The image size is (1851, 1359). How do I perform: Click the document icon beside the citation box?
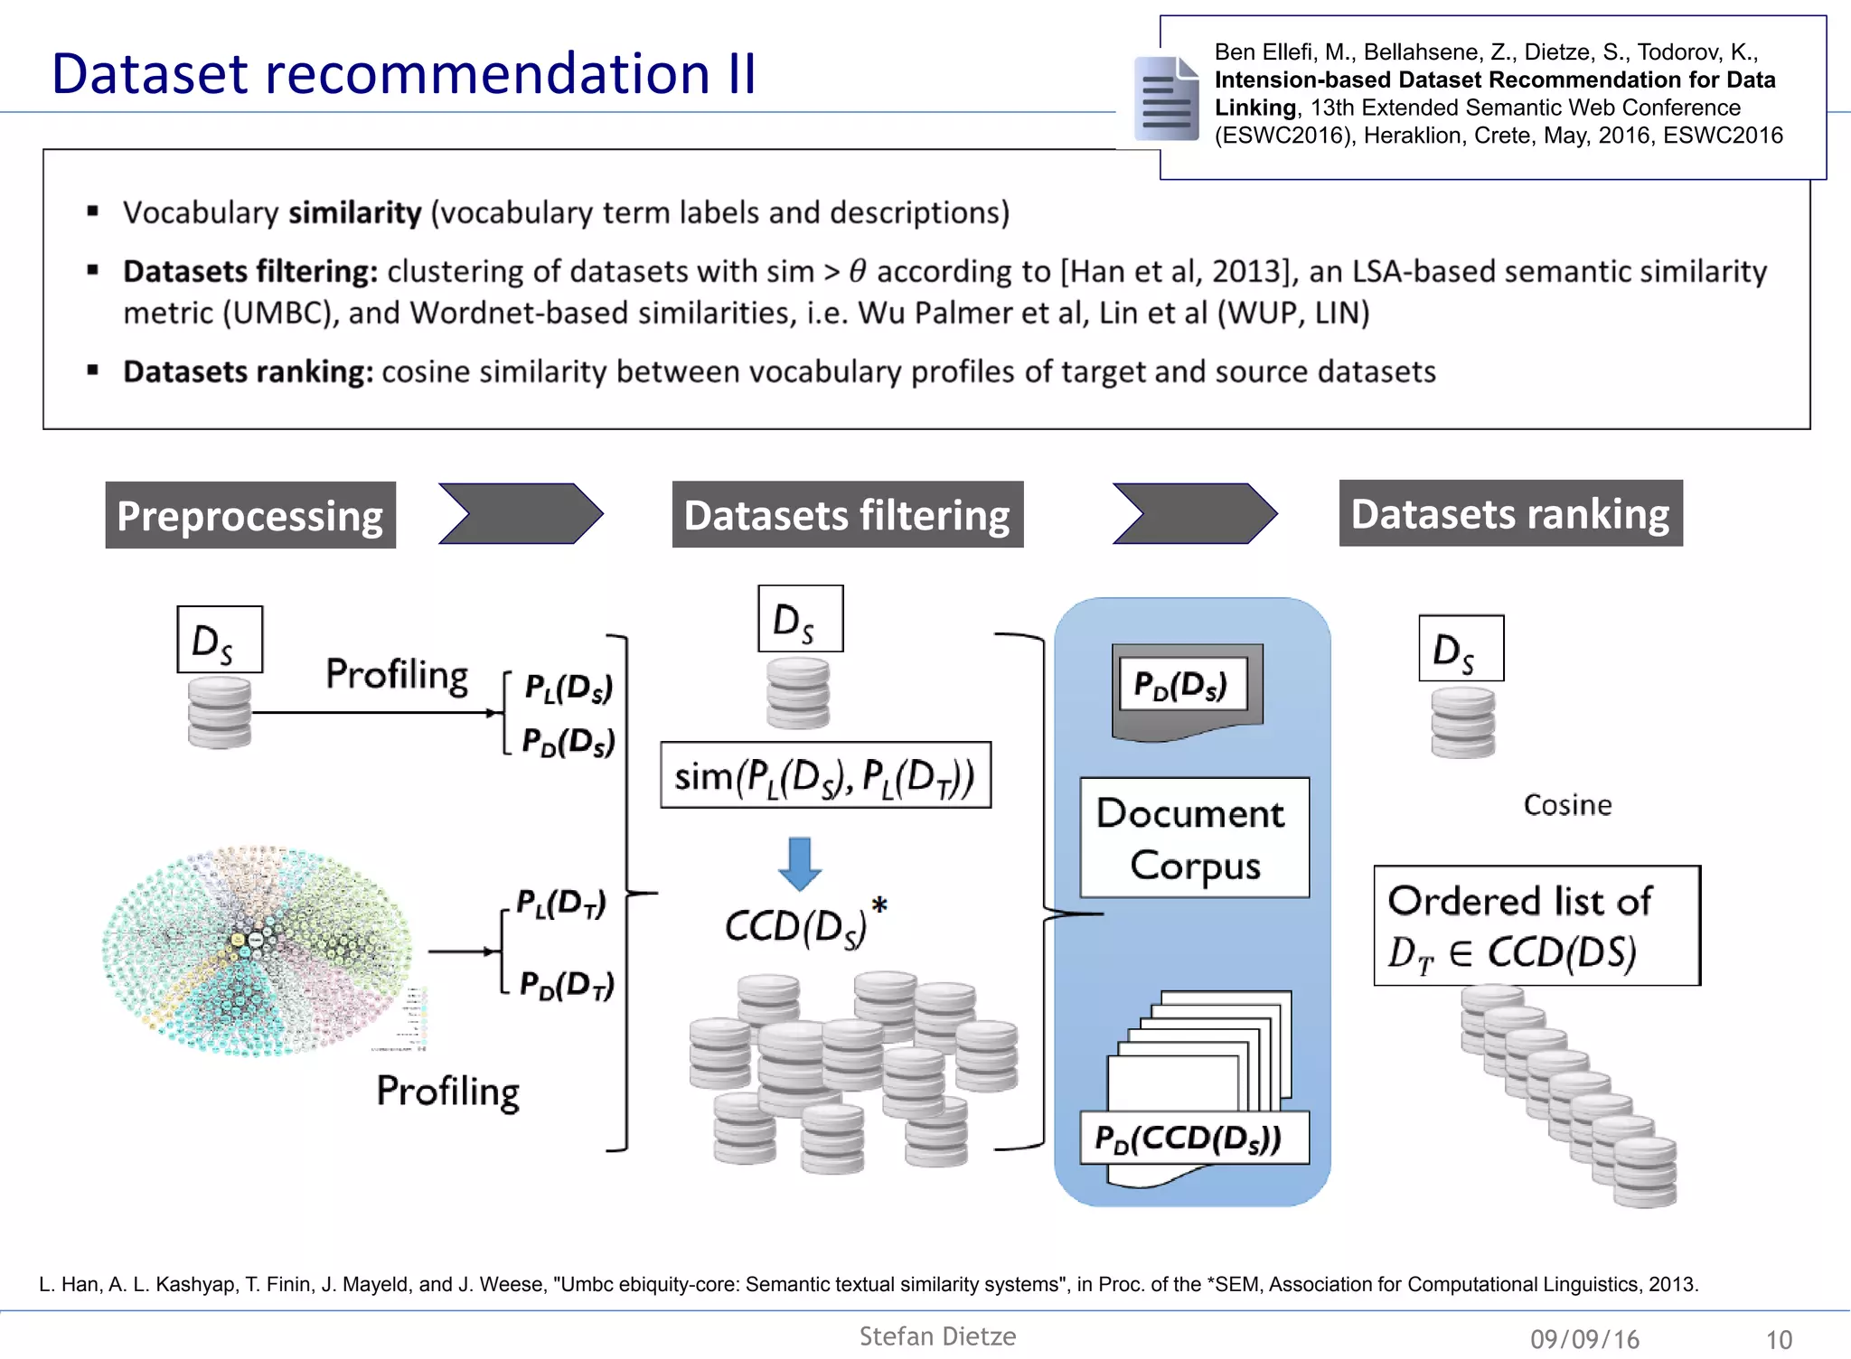[x=1166, y=98]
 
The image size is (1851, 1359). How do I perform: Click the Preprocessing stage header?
[x=250, y=516]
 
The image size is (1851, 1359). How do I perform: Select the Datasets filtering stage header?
[x=847, y=515]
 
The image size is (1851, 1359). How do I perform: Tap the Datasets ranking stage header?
[x=1510, y=514]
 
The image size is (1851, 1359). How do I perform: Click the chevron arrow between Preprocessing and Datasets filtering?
[x=521, y=514]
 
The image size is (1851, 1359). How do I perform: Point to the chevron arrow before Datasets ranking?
[x=1194, y=514]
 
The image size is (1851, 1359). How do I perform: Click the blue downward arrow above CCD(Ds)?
[x=800, y=864]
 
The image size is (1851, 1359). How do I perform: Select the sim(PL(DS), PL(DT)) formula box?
[x=825, y=776]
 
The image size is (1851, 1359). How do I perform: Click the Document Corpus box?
[x=1194, y=839]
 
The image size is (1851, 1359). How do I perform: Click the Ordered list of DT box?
[x=1536, y=926]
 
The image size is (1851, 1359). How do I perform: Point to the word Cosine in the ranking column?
[x=1567, y=805]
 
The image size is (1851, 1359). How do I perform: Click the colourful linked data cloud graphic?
[x=257, y=951]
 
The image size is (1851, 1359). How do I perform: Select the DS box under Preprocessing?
[x=220, y=640]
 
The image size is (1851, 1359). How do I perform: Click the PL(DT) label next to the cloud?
[x=560, y=903]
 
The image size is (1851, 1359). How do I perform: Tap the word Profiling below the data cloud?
[x=447, y=1092]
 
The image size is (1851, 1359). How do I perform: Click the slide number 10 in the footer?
[x=1778, y=1339]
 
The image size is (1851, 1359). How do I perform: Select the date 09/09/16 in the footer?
[x=1584, y=1339]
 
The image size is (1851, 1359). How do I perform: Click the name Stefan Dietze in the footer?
[x=937, y=1336]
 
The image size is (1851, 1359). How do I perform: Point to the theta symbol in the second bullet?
[x=857, y=271]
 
